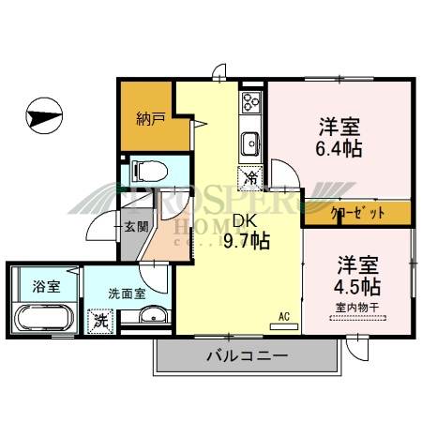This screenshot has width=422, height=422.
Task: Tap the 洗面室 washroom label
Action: pos(127,294)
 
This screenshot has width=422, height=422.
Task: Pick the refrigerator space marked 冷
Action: pos(250,174)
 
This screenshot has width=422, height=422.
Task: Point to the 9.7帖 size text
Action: pos(247,242)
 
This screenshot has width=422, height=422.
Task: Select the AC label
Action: pos(284,317)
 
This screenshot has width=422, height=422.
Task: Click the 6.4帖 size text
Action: pos(339,148)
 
